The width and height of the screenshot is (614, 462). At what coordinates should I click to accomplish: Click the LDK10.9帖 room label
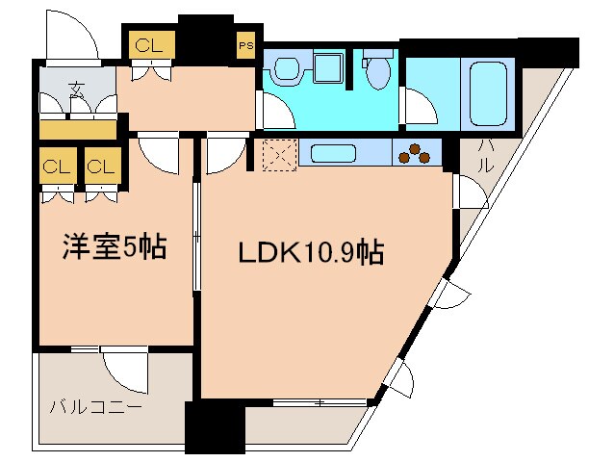pos(312,253)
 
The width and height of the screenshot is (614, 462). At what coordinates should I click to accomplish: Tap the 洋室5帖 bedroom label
pos(115,248)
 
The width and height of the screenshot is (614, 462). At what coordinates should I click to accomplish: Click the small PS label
pos(245,44)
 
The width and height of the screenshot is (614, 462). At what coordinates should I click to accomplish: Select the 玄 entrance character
pos(75,92)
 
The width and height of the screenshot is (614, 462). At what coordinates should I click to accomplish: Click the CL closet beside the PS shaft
pos(149,44)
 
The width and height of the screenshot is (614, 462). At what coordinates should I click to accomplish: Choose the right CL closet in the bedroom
pos(101,166)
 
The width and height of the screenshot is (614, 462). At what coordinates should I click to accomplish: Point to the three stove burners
pos(416,152)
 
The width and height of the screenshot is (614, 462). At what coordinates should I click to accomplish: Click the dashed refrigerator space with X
pos(278,154)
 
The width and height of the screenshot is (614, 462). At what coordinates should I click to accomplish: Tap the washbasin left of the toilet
pos(287,69)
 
